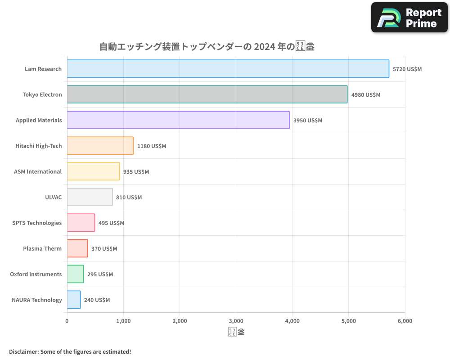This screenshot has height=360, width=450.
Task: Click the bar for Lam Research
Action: [228, 69]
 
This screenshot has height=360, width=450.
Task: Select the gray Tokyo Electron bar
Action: [207, 94]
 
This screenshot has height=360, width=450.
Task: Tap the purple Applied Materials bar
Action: [178, 120]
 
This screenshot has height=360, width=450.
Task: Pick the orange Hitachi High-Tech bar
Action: [100, 146]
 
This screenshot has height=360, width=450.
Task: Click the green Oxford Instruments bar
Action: [75, 274]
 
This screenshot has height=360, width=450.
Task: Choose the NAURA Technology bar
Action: [74, 300]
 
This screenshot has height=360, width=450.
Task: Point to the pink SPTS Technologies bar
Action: [81, 223]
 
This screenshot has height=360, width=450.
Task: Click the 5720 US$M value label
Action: [407, 69]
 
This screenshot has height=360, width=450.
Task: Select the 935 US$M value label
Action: [136, 172]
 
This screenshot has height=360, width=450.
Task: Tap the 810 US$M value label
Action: [129, 198]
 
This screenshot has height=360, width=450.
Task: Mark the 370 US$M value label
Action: [104, 249]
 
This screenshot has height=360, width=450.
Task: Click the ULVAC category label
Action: [54, 197]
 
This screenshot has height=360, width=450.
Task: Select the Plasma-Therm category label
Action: [42, 248]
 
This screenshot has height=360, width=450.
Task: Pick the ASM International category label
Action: [38, 171]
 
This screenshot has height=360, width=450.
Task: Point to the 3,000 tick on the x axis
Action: [236, 321]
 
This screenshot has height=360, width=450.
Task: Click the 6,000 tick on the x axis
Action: [405, 321]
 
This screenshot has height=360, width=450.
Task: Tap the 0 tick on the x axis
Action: [67, 321]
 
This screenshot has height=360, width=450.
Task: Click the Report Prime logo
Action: [409, 18]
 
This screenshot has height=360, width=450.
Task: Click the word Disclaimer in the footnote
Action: [23, 351]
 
